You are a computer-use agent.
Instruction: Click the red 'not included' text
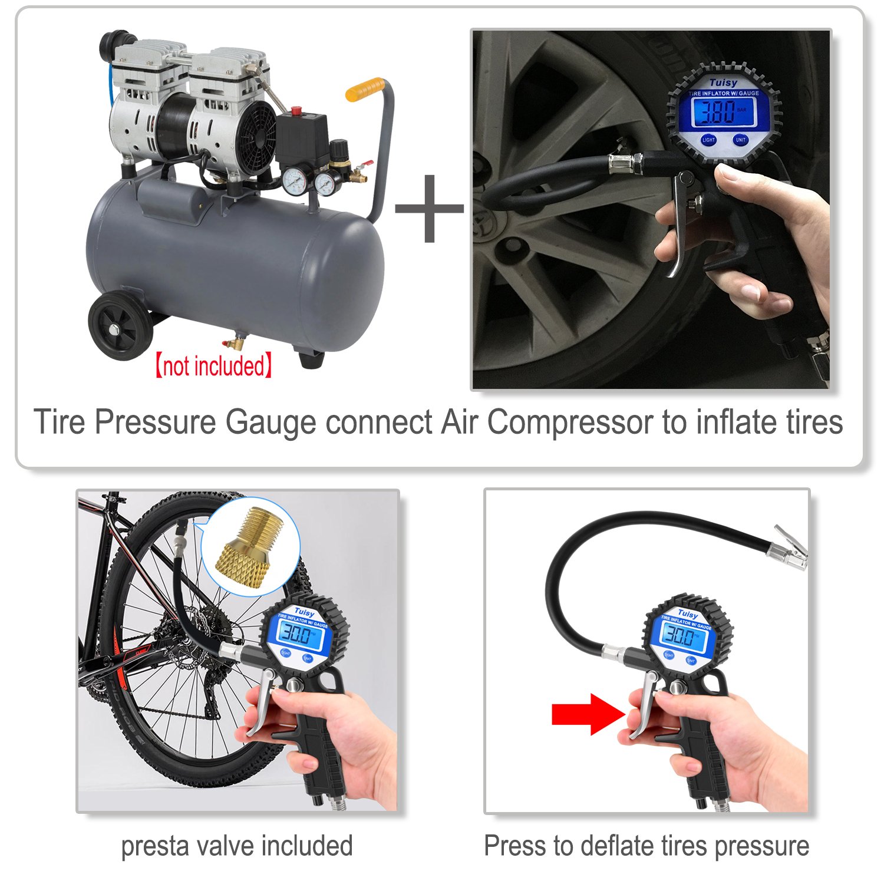click(213, 366)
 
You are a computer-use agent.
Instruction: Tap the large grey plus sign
click(430, 208)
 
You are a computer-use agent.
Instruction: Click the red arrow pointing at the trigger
click(587, 714)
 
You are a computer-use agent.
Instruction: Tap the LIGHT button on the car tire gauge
click(708, 140)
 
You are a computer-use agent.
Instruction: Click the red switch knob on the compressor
click(296, 110)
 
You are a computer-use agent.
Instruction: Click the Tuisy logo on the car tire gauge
click(723, 83)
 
